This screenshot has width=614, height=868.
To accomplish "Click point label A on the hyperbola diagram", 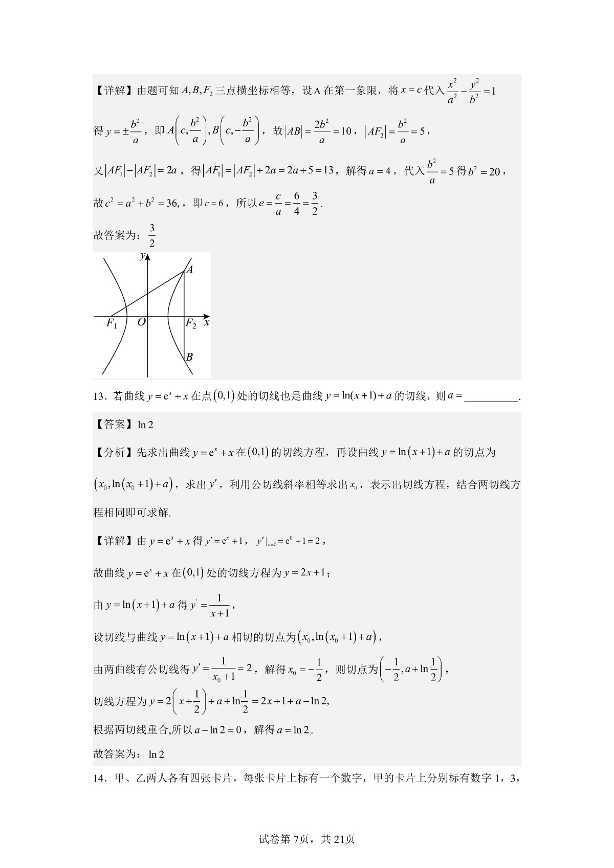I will (189, 270).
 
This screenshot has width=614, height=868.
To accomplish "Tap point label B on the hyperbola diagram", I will (189, 357).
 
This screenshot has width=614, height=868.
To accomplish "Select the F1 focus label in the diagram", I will (112, 324).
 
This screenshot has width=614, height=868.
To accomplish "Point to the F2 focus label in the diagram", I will (190, 324).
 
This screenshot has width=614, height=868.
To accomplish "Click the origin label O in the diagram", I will (142, 322).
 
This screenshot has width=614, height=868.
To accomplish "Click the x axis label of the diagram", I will (207, 323).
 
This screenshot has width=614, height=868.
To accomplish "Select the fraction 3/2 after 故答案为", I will (152, 235).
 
